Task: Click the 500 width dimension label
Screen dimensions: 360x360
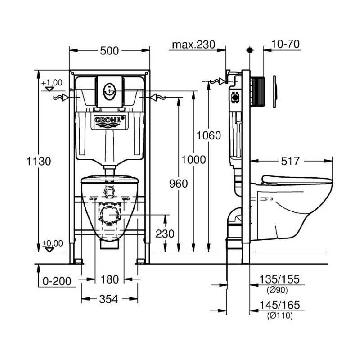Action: point(109,51)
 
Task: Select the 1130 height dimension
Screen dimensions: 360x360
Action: point(39,161)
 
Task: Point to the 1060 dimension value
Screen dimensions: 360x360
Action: point(209,135)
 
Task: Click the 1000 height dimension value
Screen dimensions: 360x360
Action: point(193,160)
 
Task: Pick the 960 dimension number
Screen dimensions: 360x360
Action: point(178,184)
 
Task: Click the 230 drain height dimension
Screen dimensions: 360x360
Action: point(165,234)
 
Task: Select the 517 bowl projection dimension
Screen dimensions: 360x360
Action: point(290,161)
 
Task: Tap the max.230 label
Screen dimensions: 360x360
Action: point(193,45)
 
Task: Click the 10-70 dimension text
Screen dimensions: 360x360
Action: point(285,44)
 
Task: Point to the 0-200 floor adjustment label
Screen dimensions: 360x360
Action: point(57,281)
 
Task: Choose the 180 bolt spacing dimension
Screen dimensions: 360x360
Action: point(109,279)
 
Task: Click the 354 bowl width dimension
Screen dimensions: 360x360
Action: point(108,299)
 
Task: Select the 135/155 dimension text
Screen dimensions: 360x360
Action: point(279,279)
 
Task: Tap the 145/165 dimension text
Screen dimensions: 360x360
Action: point(279,305)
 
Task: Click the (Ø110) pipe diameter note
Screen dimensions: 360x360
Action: point(280,316)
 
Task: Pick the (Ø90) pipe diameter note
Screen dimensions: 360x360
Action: point(277,290)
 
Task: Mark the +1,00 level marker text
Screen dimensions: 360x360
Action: point(52,82)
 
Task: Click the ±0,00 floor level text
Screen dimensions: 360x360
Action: point(53,243)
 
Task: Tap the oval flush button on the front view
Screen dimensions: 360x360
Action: point(109,92)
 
